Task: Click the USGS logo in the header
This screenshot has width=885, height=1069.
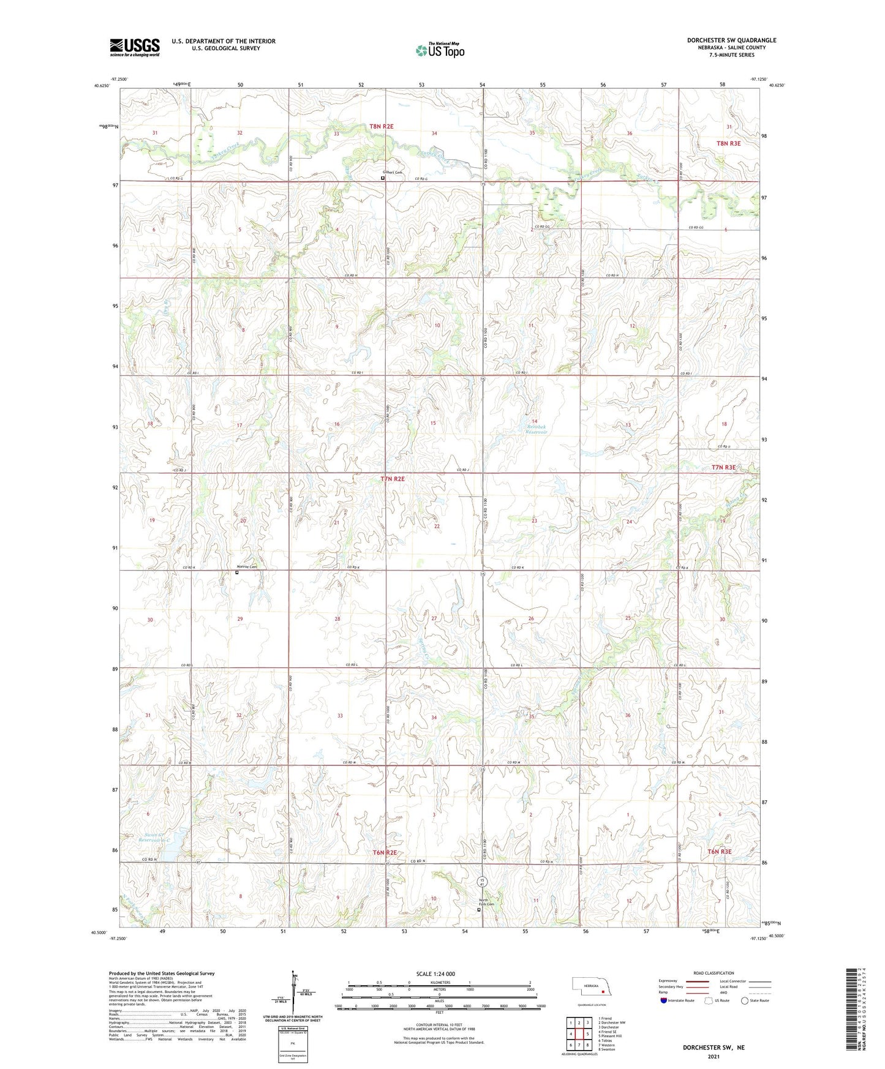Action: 135,47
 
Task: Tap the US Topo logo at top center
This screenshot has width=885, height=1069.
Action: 440,50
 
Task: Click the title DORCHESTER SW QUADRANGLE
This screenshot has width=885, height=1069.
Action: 731,40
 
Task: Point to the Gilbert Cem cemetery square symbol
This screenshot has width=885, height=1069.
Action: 383,178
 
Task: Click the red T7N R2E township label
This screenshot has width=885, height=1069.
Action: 392,479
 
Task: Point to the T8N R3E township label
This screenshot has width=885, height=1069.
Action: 728,143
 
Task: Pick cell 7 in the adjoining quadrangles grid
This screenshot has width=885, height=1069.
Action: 578,1045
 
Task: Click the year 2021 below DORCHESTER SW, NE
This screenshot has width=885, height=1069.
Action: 713,1057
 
